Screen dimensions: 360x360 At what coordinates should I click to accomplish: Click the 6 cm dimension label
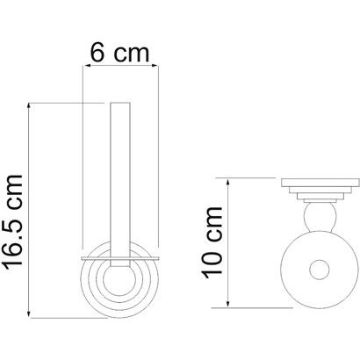tap(119, 53)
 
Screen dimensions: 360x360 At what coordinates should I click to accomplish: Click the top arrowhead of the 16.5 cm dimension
tap(29, 108)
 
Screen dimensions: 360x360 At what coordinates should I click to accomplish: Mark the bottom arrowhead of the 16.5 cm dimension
tap(29, 313)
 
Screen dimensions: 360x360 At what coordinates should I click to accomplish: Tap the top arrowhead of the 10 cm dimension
tap(227, 183)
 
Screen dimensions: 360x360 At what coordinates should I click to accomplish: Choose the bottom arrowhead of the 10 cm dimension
tap(227, 303)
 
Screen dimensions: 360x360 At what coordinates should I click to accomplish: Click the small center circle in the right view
tap(320, 270)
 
